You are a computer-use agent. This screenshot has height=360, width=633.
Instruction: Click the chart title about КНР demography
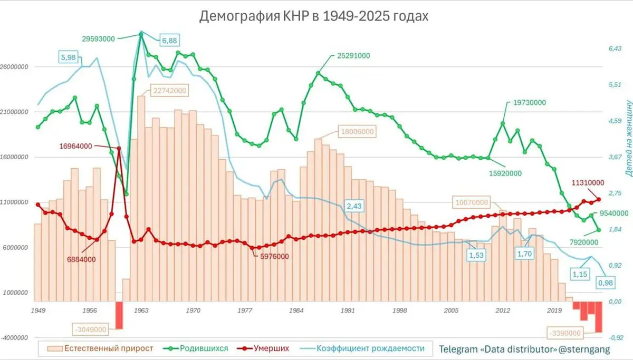pos(314,16)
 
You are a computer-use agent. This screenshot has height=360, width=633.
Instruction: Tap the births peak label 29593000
pos(100,38)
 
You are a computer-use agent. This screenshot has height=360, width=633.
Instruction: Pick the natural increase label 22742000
pos(170,90)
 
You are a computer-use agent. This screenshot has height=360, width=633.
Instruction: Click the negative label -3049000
pos(89,329)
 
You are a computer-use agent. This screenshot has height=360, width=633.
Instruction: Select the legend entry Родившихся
pos(203,348)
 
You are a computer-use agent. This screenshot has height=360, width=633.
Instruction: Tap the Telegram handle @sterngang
pos(587,348)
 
